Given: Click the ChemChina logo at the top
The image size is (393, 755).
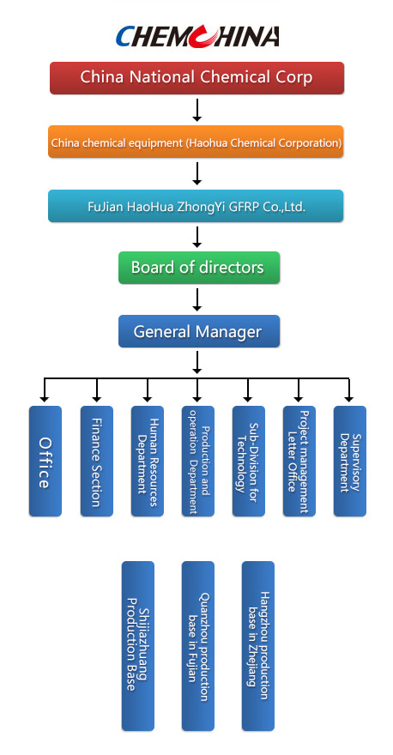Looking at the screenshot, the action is pyautogui.click(x=197, y=36).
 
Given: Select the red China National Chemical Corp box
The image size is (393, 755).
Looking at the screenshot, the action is pyautogui.click(x=197, y=77).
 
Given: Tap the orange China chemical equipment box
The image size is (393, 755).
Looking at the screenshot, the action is pyautogui.click(x=196, y=142).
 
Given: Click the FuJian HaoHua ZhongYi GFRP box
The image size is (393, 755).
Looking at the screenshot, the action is pyautogui.click(x=196, y=206).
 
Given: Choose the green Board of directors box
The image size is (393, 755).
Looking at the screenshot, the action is pyautogui.click(x=199, y=267).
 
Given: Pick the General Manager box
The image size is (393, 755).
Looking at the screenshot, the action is pyautogui.click(x=199, y=331).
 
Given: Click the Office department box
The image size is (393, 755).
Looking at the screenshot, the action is pyautogui.click(x=45, y=462).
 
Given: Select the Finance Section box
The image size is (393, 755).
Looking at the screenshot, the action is pyautogui.click(x=97, y=462).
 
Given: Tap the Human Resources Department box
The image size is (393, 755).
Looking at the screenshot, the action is pyautogui.click(x=148, y=462).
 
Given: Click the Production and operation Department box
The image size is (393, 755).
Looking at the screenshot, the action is pyautogui.click(x=198, y=462).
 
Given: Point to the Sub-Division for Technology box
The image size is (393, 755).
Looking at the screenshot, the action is pyautogui.click(x=249, y=462).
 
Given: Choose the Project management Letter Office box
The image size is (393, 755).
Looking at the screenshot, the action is pyautogui.click(x=299, y=462).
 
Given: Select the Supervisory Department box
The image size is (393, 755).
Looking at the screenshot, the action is pyautogui.click(x=350, y=462).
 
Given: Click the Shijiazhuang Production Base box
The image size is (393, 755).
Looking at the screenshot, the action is pyautogui.click(x=138, y=646).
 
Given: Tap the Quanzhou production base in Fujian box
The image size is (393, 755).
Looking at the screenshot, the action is pyautogui.click(x=198, y=646).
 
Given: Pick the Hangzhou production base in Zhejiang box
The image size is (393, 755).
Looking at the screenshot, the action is pyautogui.click(x=258, y=646).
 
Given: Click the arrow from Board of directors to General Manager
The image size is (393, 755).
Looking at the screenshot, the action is pyautogui.click(x=196, y=299).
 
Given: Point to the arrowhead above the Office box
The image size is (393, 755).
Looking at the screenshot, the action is pyautogui.click(x=45, y=398).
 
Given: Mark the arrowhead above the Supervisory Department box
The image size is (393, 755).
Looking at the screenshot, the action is pyautogui.click(x=349, y=398).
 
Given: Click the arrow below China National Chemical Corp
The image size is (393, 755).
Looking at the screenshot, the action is pyautogui.click(x=196, y=109).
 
